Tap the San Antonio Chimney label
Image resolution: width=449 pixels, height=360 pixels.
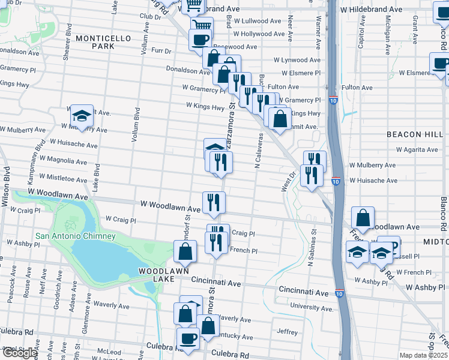[75, 236]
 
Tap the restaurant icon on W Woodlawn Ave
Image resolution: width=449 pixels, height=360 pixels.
[213, 203]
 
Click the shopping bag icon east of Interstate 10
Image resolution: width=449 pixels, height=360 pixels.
[363, 218]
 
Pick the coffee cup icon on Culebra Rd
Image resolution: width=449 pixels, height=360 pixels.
[188, 338]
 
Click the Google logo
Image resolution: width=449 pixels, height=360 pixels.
[19, 353]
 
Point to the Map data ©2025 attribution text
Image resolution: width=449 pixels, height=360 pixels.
[423, 355]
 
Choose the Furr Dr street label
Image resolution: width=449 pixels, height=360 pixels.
[160, 51]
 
